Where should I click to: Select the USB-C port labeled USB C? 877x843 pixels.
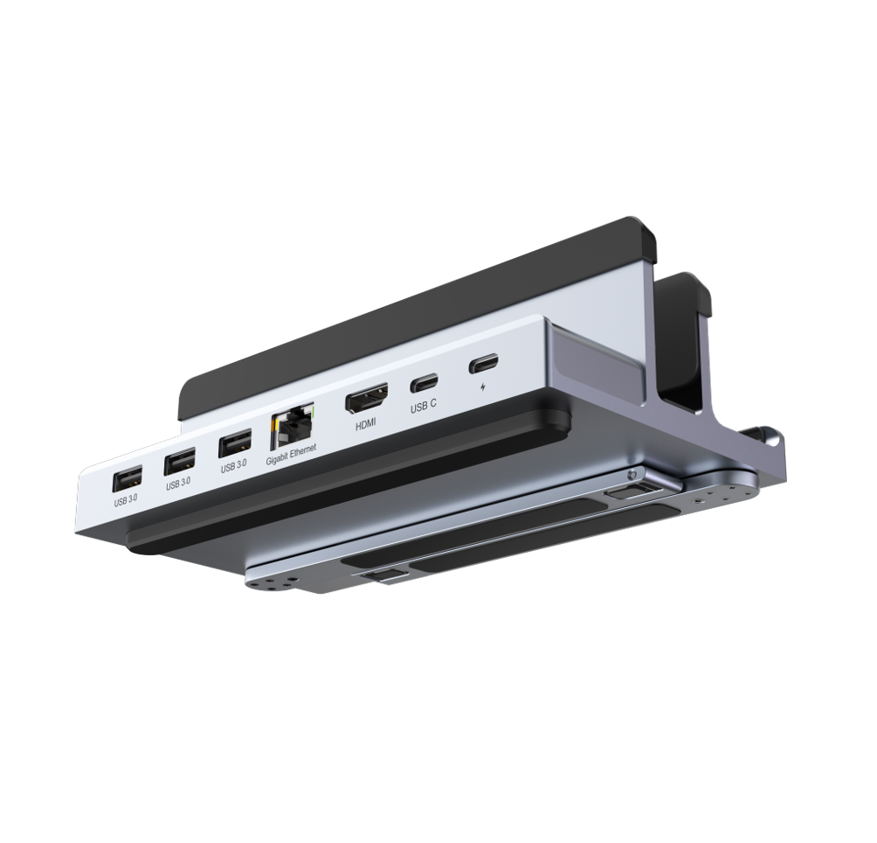click(425, 382)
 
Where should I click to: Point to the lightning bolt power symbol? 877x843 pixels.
click(484, 385)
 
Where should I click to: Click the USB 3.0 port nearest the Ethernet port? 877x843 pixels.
click(234, 445)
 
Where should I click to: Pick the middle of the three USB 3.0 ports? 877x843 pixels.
click(180, 462)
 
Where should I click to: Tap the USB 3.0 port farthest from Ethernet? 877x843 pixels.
click(126, 479)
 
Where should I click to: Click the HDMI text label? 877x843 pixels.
click(367, 425)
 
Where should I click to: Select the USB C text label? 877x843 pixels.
click(424, 405)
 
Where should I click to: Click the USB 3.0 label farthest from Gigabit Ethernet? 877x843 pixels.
click(126, 502)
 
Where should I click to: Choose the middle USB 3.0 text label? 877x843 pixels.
click(178, 484)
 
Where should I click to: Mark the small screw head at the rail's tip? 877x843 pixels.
click(631, 475)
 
